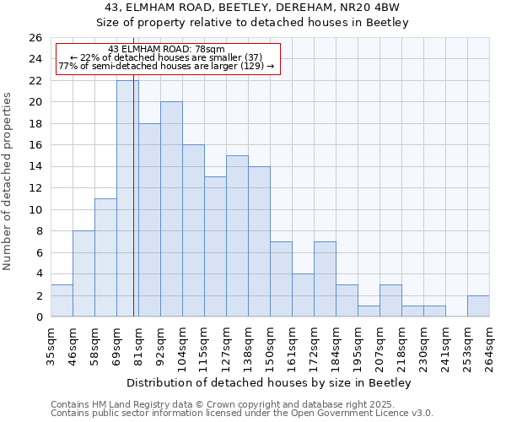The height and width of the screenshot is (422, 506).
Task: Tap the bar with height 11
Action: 105,257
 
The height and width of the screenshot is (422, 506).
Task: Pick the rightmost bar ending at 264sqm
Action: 478,306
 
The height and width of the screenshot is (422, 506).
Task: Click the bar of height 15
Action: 237,236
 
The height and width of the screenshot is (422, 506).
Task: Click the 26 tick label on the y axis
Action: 35,38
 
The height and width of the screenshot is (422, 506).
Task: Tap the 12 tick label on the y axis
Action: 35,188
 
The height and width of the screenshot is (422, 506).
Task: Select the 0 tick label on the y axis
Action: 38,317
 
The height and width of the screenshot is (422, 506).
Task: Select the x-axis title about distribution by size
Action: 270,383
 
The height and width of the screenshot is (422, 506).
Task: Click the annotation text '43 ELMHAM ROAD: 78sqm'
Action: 167,49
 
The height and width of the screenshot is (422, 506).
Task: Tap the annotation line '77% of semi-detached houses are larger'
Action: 167,66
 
